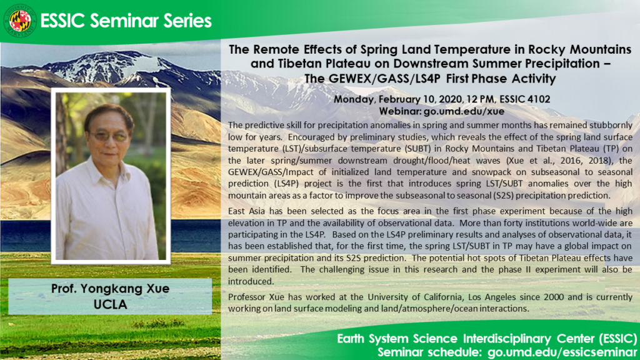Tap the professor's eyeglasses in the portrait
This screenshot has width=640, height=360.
[109, 136]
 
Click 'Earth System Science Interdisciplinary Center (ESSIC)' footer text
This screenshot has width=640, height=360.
[484, 339]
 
